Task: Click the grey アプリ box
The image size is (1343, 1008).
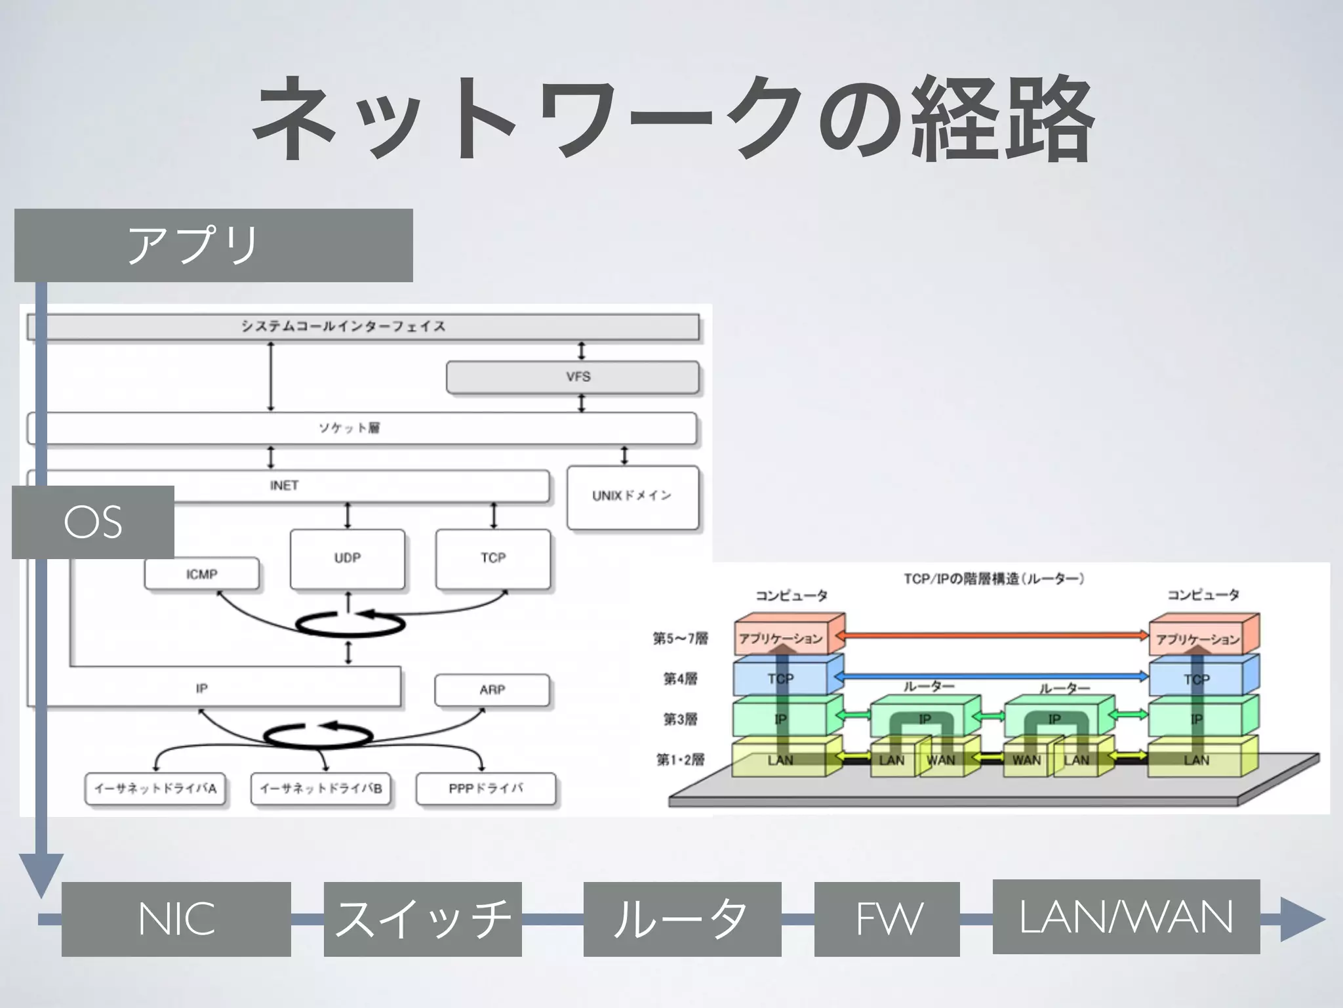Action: pos(213,245)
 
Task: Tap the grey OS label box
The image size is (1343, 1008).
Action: pos(93,522)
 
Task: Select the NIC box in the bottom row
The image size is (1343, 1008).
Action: pos(176,919)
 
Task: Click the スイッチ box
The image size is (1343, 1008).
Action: pos(422,919)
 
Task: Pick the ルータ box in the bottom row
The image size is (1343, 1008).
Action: pos(682,919)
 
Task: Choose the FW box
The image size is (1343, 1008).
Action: pos(887,919)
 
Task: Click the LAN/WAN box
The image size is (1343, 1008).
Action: pos(1126,917)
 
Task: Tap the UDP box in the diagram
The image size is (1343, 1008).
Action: pos(347,558)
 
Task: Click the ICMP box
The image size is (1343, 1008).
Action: pos(201,574)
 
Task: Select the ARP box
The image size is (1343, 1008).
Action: pos(492,690)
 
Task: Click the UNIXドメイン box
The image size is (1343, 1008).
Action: pos(632,497)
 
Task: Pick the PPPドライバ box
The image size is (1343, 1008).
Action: pos(485,789)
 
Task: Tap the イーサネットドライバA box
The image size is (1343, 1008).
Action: pos(155,789)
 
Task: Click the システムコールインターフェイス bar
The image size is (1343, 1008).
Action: pos(363,327)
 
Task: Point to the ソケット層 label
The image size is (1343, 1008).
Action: pos(350,429)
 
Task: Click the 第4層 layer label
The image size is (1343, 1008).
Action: pos(679,679)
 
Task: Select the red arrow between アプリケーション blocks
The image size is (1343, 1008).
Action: pos(995,635)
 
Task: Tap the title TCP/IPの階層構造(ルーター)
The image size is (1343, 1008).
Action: pos(993,579)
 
